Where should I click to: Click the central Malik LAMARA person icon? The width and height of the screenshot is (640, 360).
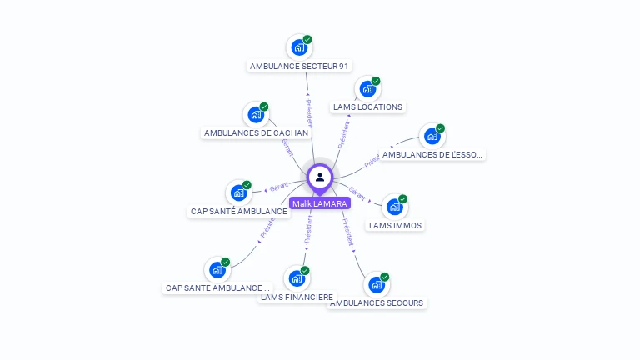pyautogui.click(x=320, y=177)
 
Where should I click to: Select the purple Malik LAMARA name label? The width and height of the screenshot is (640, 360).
pyautogui.click(x=320, y=203)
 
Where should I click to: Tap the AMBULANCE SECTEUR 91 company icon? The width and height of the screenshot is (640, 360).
pyautogui.click(x=298, y=47)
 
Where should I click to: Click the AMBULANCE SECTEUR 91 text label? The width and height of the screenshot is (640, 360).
pyautogui.click(x=300, y=66)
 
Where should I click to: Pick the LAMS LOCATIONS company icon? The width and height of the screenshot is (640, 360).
pyautogui.click(x=367, y=89)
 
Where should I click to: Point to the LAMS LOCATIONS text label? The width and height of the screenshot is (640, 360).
pyautogui.click(x=367, y=107)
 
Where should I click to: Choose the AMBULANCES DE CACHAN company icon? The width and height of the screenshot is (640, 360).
pyautogui.click(x=255, y=115)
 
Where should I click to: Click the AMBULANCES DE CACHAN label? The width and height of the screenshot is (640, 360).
pyautogui.click(x=256, y=132)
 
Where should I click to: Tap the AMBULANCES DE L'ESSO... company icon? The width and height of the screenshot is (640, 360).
pyautogui.click(x=432, y=136)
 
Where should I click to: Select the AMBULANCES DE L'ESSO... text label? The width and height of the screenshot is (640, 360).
pyautogui.click(x=432, y=154)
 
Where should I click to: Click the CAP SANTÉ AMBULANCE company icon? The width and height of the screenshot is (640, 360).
pyautogui.click(x=239, y=193)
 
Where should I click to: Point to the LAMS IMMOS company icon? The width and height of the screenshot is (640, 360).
pyautogui.click(x=394, y=207)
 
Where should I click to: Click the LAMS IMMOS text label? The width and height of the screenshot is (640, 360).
pyautogui.click(x=395, y=225)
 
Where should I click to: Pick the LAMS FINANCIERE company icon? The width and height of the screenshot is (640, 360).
pyautogui.click(x=297, y=278)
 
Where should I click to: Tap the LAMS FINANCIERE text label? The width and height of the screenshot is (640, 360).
pyautogui.click(x=297, y=297)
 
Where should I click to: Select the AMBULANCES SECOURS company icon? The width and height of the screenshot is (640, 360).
pyautogui.click(x=377, y=285)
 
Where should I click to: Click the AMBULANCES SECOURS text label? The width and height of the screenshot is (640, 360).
pyautogui.click(x=377, y=303)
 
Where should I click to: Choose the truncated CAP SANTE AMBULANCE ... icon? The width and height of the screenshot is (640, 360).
pyautogui.click(x=217, y=270)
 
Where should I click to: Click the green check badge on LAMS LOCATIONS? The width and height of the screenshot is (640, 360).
pyautogui.click(x=376, y=82)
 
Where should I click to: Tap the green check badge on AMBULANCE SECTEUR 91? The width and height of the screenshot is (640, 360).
pyautogui.click(x=307, y=40)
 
